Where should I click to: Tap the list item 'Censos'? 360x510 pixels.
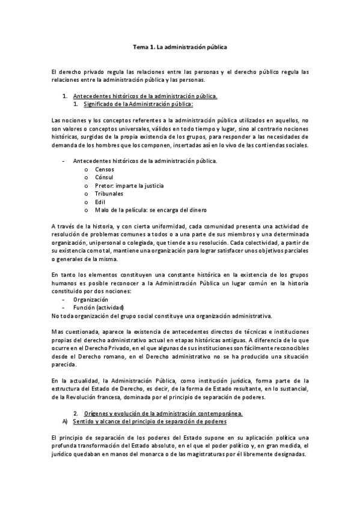(106, 170)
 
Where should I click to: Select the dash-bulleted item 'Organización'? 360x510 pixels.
(91, 299)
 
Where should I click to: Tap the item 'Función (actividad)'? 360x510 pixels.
(99, 307)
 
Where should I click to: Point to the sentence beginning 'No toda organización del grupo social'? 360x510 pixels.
(162, 315)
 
